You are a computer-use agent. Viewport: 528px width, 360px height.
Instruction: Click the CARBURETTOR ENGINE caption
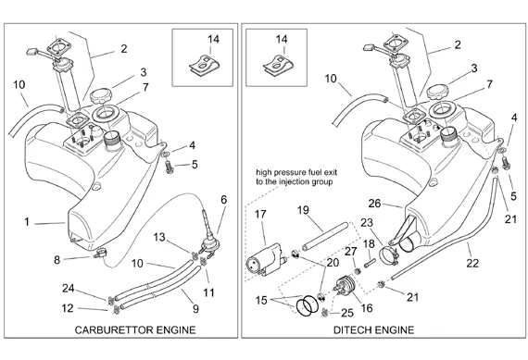tap(135, 330)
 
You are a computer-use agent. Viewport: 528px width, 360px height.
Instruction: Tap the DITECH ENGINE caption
tap(374, 330)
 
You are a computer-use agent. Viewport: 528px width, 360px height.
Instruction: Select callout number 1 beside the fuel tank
tap(27, 222)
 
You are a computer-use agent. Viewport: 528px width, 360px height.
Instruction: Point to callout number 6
tap(224, 200)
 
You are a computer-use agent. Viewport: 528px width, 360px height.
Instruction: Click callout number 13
tap(159, 237)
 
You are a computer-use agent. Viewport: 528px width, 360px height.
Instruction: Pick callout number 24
tap(68, 289)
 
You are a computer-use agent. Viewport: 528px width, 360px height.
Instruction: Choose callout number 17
tap(260, 214)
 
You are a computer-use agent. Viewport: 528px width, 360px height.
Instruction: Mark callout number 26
tap(374, 204)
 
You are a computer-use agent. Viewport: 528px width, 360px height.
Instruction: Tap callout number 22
tap(472, 263)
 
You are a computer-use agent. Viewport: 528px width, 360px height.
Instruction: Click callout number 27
tap(350, 252)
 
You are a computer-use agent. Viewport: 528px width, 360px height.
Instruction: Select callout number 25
tap(347, 313)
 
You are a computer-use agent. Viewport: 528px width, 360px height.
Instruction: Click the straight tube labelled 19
tap(324, 236)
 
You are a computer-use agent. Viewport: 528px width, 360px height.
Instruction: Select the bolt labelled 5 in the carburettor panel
tap(170, 168)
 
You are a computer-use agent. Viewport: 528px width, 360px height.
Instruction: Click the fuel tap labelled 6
tap(208, 235)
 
